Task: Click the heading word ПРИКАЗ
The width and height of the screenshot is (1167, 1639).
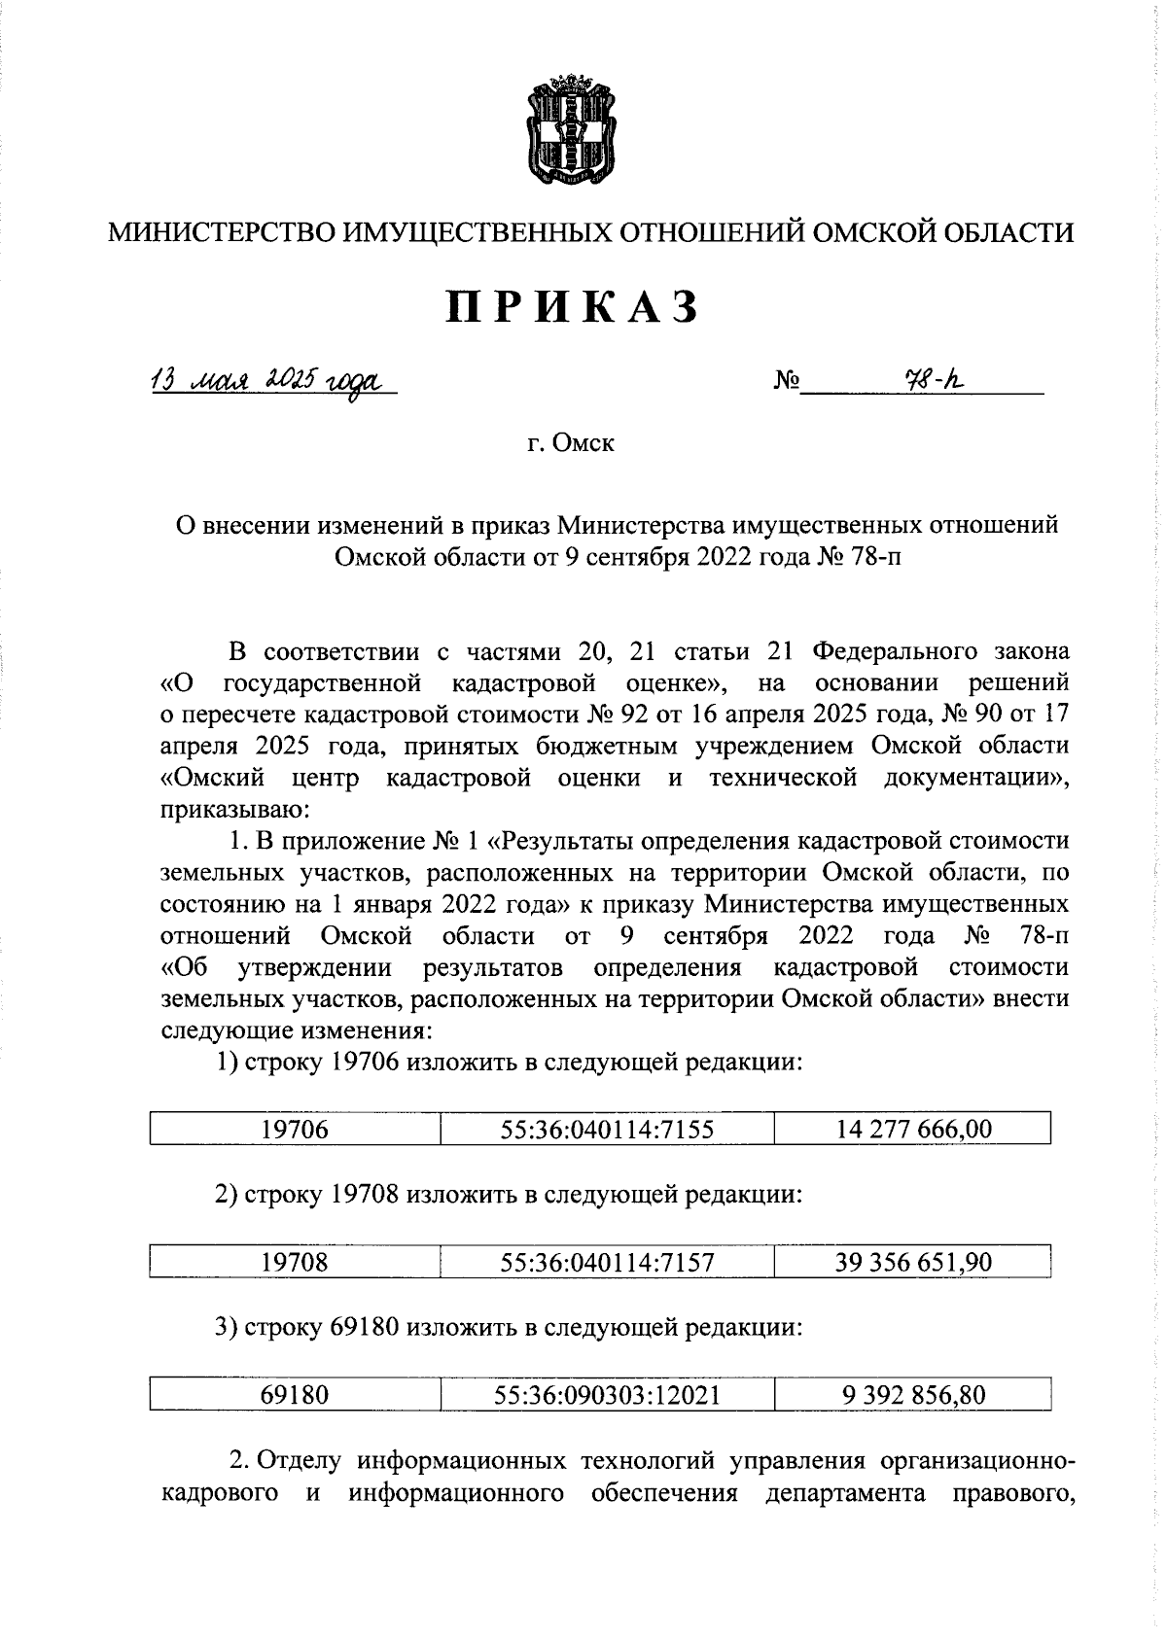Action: point(574,307)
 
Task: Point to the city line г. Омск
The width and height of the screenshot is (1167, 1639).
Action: point(571,444)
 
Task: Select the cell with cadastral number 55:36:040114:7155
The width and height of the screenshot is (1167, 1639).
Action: point(607,1129)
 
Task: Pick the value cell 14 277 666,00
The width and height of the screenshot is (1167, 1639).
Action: point(913,1129)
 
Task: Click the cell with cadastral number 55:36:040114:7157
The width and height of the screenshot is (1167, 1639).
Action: point(607,1262)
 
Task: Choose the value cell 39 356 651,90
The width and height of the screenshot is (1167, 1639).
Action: point(913,1262)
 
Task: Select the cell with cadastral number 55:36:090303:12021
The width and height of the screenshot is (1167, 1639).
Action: point(607,1395)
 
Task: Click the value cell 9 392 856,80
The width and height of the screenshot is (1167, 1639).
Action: point(913,1395)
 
